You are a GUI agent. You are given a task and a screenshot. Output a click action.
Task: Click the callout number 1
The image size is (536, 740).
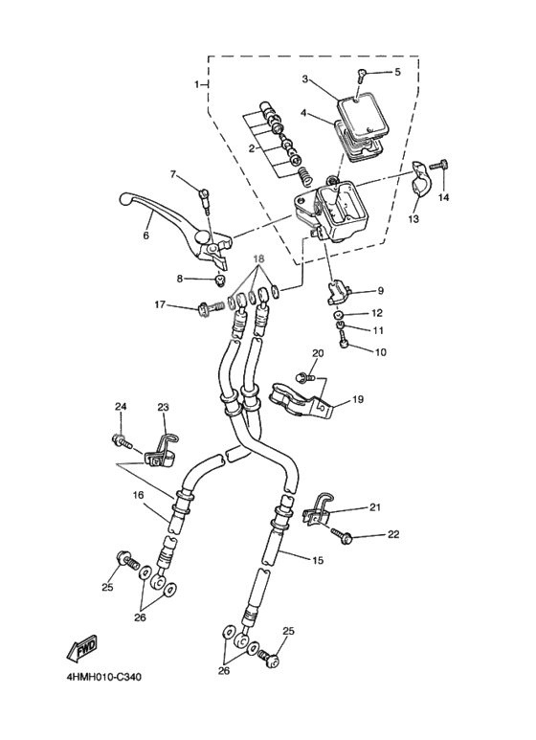[x=198, y=84]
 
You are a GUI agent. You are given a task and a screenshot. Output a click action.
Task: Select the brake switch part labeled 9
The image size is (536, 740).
[x=342, y=290]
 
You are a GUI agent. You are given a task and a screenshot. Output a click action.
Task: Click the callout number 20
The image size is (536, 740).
[x=318, y=353]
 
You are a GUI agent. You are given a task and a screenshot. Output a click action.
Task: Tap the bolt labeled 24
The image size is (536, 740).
[x=121, y=441]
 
